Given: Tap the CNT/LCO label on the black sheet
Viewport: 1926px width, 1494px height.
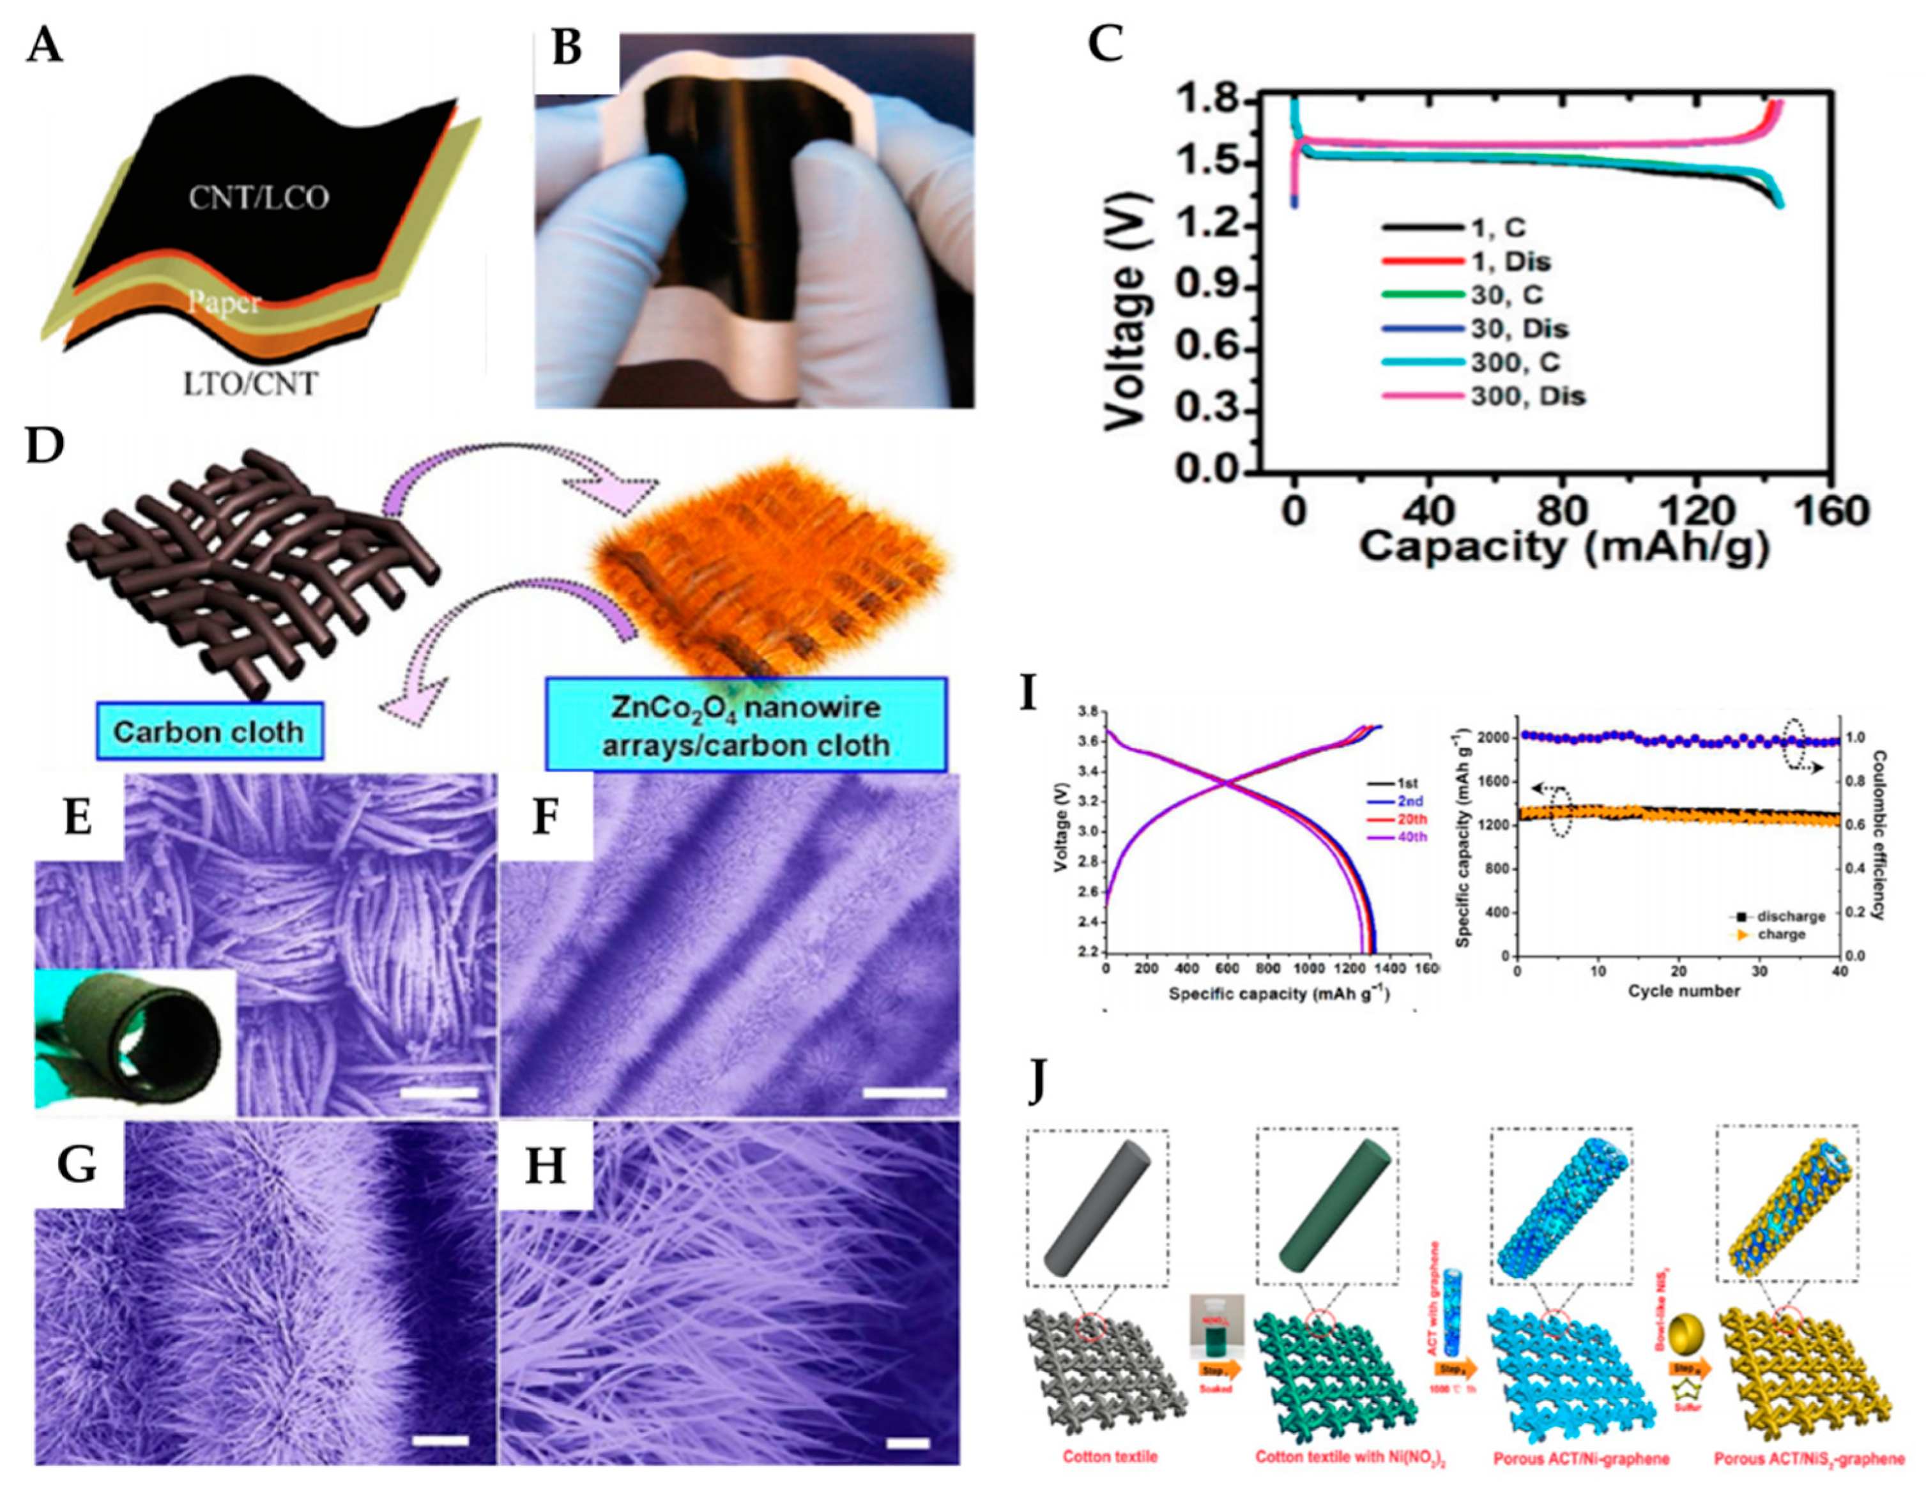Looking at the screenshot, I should [x=257, y=196].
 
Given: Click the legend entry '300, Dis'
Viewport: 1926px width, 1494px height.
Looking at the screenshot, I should [x=1528, y=396].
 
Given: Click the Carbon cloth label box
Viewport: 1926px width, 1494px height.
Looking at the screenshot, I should [x=208, y=731].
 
